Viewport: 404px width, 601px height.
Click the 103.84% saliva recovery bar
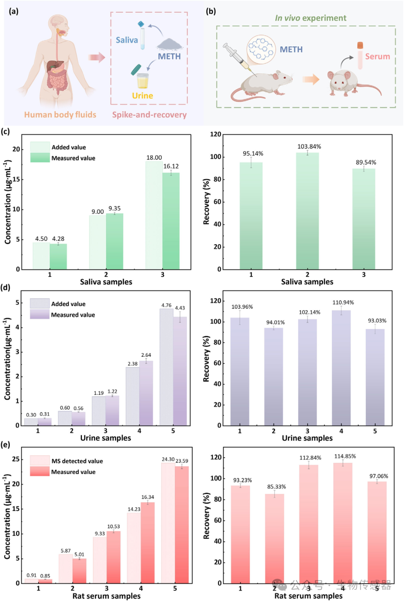(x=307, y=211)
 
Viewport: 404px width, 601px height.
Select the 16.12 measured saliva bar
(x=171, y=221)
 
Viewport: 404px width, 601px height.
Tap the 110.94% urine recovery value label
(x=343, y=303)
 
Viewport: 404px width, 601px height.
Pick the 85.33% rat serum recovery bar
(x=275, y=538)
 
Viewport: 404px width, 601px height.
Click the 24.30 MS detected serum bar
(x=168, y=523)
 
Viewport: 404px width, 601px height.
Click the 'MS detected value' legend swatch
(x=40, y=460)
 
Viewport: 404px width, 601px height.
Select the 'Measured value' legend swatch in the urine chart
(x=40, y=315)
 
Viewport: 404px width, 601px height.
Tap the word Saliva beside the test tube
(x=127, y=40)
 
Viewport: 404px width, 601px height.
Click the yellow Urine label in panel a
(x=143, y=96)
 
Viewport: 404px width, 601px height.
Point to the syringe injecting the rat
(x=237, y=58)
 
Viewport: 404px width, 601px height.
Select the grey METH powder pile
(x=169, y=44)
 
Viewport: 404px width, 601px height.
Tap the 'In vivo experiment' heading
(x=310, y=18)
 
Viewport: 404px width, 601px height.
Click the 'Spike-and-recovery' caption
(x=149, y=115)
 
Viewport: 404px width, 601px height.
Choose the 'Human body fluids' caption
(x=60, y=115)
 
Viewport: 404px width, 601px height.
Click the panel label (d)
(x=6, y=288)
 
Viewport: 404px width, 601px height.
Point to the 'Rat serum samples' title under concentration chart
(x=106, y=596)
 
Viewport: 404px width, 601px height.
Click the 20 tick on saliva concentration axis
(x=16, y=149)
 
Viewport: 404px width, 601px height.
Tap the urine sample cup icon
(x=142, y=80)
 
